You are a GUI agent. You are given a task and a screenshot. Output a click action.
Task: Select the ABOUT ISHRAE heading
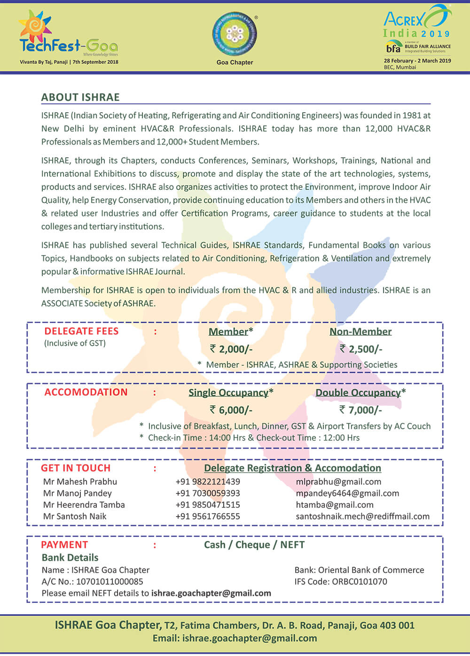click(80, 97)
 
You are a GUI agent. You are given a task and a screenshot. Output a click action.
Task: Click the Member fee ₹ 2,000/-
click(231, 349)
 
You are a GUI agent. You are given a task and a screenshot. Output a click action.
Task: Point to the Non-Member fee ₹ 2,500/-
click(360, 349)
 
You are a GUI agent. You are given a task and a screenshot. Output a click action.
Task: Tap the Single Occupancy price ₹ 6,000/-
click(231, 410)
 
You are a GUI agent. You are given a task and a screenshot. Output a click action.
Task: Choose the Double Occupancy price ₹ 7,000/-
click(360, 410)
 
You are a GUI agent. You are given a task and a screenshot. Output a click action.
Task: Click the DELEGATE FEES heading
click(81, 331)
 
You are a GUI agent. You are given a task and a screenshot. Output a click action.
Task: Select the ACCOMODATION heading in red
click(86, 392)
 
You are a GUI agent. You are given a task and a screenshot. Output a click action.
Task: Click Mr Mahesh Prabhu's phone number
click(208, 482)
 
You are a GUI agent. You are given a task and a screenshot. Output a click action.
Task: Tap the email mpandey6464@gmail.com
click(347, 493)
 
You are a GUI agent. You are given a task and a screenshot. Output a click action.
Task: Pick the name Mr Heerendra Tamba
click(84, 505)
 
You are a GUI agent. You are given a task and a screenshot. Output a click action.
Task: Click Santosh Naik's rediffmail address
click(362, 516)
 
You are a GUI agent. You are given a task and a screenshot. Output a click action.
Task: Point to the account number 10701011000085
click(110, 581)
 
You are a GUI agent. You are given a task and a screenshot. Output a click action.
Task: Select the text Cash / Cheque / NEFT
click(254, 545)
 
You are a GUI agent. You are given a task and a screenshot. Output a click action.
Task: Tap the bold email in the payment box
click(211, 593)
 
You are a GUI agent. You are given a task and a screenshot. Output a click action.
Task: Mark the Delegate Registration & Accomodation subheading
click(292, 468)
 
